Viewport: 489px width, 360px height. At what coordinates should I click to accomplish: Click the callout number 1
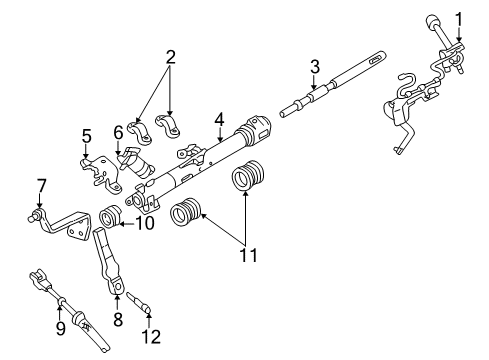(459, 19)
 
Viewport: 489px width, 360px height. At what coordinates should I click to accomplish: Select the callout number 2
(170, 57)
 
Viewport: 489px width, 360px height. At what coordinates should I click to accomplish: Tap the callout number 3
(315, 67)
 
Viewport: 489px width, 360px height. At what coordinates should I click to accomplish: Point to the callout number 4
(219, 120)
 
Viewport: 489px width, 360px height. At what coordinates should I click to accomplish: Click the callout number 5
(86, 136)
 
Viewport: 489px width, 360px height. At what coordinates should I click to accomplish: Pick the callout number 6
(118, 133)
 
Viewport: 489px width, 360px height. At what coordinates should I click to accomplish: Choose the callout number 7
(41, 186)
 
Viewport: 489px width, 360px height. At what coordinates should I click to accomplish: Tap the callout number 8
(118, 320)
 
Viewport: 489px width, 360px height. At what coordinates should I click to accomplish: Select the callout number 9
(60, 328)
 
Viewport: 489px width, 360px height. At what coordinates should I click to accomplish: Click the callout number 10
(145, 223)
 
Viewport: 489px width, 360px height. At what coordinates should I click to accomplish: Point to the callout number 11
(249, 256)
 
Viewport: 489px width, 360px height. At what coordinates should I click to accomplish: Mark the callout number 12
(151, 337)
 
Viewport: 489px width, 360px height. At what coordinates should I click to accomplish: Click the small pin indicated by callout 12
(140, 302)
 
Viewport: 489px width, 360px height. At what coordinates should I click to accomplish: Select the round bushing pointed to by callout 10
(111, 217)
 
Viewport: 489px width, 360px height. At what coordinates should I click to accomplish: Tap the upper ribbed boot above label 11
(248, 176)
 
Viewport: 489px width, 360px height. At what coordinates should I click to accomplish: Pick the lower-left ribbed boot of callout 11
(186, 212)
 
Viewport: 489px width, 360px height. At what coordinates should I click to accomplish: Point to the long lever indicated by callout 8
(109, 262)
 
